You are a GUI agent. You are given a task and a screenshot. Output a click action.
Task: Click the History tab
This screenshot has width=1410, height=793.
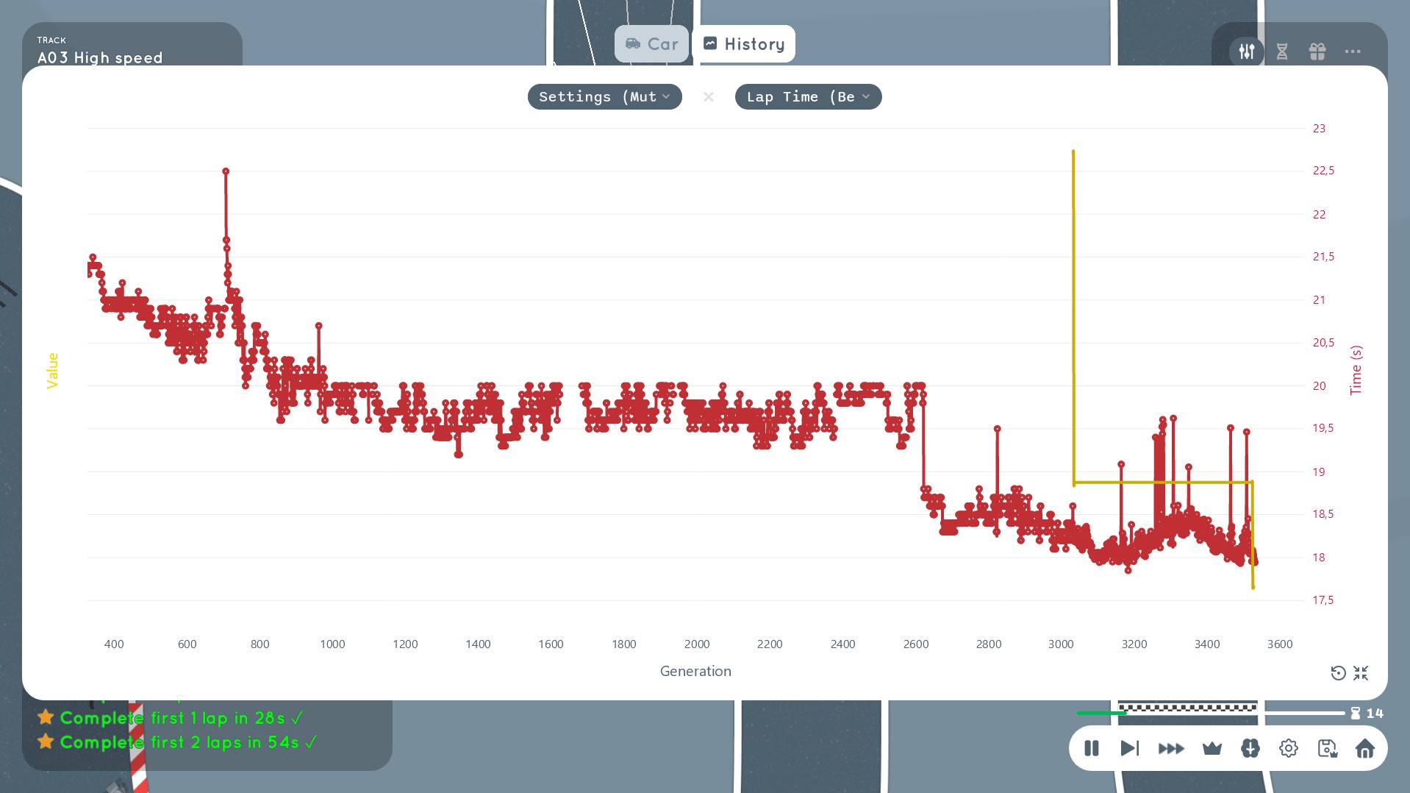point(743,44)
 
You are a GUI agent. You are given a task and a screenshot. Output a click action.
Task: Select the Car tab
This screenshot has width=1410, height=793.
point(651,44)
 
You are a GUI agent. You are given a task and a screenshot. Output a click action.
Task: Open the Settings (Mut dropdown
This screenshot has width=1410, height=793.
point(604,97)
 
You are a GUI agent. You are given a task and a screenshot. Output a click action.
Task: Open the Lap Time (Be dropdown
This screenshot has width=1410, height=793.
point(808,97)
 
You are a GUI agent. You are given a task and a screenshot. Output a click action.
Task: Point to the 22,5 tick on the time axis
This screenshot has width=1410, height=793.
point(1323,171)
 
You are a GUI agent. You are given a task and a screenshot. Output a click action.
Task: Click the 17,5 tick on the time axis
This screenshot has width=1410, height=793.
point(1323,600)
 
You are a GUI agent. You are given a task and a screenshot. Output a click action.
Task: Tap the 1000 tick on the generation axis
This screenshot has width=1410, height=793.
point(332,644)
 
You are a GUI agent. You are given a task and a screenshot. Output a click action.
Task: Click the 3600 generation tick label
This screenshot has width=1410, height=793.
point(1280,644)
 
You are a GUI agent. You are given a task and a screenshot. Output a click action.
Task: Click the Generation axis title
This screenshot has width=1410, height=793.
point(695,671)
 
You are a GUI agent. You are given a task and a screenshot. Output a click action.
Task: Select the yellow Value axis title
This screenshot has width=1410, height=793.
point(52,371)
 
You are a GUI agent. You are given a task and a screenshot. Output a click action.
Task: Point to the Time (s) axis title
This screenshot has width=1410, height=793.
point(1356,370)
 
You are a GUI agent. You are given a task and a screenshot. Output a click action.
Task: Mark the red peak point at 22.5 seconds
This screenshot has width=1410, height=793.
point(226,171)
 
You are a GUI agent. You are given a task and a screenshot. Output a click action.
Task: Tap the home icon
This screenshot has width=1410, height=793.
point(1365,749)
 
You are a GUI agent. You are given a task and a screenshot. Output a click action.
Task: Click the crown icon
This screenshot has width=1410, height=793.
point(1212,749)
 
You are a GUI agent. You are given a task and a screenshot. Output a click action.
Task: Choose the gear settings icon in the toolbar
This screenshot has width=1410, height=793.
point(1289,749)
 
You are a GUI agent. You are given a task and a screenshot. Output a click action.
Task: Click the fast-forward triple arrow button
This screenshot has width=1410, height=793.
point(1171,749)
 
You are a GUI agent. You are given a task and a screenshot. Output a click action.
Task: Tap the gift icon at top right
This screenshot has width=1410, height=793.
point(1317,51)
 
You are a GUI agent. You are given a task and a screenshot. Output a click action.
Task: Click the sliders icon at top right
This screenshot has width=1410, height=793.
point(1247,51)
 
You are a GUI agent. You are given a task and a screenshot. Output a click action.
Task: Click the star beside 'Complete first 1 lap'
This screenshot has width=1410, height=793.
point(46,717)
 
